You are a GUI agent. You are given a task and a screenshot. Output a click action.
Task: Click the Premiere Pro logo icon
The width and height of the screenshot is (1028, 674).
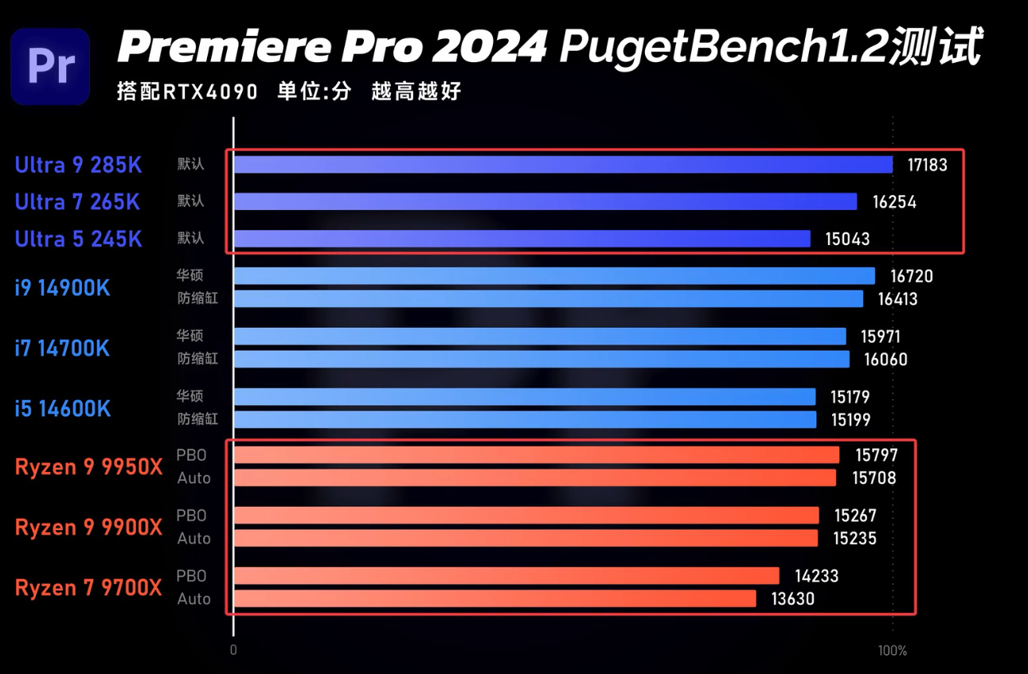tap(50, 66)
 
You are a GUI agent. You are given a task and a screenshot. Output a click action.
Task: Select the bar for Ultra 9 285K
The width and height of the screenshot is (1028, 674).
tap(563, 165)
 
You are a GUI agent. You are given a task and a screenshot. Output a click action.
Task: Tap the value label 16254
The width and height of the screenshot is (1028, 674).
tap(894, 202)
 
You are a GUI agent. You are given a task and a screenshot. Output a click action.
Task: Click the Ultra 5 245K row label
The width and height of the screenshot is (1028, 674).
tap(78, 239)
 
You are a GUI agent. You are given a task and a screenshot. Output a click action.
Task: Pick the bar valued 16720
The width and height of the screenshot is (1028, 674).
tap(554, 276)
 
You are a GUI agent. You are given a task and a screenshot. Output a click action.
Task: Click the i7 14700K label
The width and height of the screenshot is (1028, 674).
tap(62, 348)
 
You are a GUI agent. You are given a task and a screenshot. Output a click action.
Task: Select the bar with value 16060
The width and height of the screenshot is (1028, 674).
tap(541, 360)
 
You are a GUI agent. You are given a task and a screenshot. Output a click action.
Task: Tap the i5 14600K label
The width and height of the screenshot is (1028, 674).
tap(62, 408)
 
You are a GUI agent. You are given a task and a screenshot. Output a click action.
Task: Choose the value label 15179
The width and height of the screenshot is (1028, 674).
tap(848, 396)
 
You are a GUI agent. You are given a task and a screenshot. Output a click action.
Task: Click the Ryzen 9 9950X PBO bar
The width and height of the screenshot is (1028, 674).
tap(537, 455)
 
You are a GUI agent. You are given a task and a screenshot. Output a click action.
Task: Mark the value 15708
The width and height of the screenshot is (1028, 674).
tap(874, 478)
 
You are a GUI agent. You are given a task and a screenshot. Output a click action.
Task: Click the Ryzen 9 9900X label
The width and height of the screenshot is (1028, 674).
tap(88, 527)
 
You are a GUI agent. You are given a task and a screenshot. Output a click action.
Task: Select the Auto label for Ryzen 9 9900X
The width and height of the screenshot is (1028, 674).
tap(193, 539)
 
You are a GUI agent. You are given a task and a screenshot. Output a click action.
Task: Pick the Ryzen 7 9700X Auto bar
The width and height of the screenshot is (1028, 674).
tap(494, 598)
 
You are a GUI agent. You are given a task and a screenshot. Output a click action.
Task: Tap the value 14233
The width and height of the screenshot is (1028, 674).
tap(816, 576)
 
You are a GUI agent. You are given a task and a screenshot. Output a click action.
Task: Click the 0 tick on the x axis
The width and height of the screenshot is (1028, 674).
tap(233, 651)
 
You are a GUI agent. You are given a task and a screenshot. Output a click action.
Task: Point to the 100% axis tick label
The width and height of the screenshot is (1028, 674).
tap(892, 651)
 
